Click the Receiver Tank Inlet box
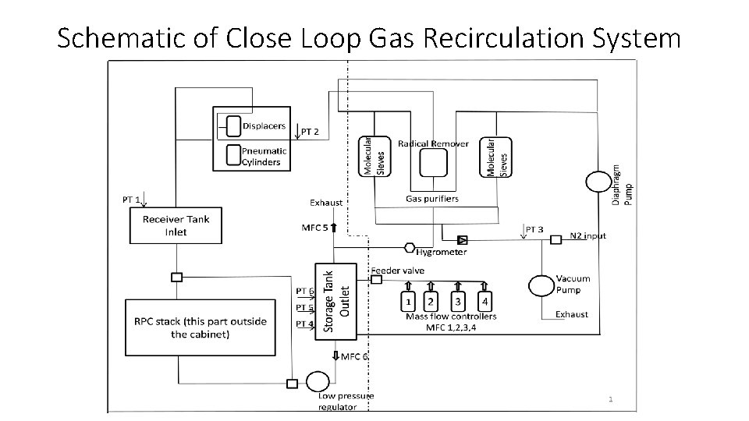tap(176, 225)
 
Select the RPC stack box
tap(200, 327)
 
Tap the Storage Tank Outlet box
tap(335, 299)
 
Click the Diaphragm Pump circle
tap(598, 182)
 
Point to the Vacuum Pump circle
tap(541, 285)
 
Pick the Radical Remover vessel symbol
tap(433, 163)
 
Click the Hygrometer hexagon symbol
tap(410, 248)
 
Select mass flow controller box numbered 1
tap(407, 300)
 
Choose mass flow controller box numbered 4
tap(485, 300)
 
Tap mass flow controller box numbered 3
tap(459, 300)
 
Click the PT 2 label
tap(310, 132)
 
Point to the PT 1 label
tap(131, 200)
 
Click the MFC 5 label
tap(314, 228)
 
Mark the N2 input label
tap(587, 235)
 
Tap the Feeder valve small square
tap(375, 278)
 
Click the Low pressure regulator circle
tap(318, 381)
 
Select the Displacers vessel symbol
tap(233, 126)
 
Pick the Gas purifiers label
tap(432, 199)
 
